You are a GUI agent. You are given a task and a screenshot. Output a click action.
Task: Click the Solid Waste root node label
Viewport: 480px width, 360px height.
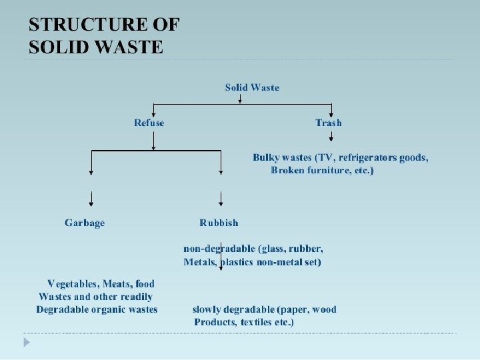[252, 87]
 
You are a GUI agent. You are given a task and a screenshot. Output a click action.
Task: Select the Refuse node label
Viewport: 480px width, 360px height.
[149, 123]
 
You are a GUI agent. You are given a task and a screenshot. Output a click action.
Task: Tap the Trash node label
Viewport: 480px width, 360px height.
[328, 123]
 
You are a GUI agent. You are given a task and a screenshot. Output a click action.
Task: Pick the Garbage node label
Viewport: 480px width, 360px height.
[85, 223]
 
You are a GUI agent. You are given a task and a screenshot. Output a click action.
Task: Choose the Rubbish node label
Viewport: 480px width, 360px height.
[219, 223]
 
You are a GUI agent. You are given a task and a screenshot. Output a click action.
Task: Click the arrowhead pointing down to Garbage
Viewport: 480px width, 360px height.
[91, 203]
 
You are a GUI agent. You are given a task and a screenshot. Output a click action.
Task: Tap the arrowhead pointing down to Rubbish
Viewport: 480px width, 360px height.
[221, 203]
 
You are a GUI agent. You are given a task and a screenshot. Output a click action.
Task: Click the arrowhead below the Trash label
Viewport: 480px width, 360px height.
[331, 138]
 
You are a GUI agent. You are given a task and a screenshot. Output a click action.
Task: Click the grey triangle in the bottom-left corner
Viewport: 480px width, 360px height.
[27, 342]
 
